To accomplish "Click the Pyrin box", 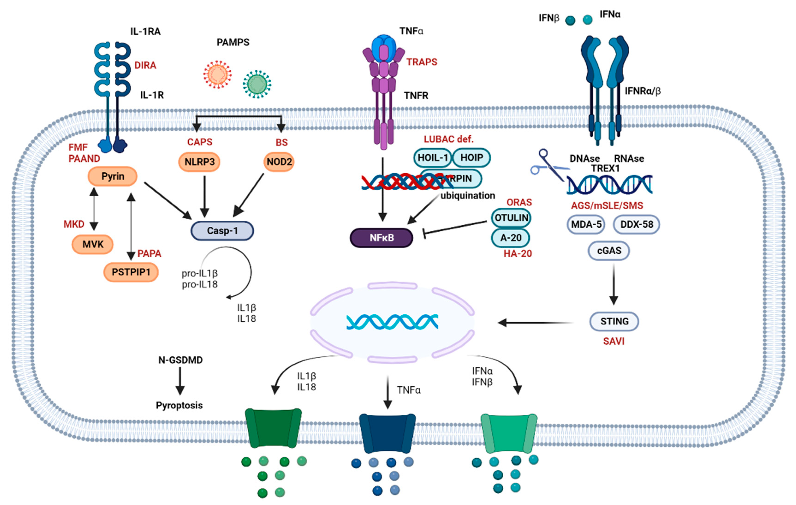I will click(x=112, y=176).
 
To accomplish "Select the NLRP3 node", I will click(x=199, y=162).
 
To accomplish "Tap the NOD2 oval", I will click(x=279, y=162).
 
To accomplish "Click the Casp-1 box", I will click(x=222, y=231).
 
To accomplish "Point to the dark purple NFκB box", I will click(x=381, y=238).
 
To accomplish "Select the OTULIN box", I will click(x=511, y=218).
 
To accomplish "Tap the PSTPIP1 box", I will click(x=131, y=272).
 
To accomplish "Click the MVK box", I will click(x=92, y=245).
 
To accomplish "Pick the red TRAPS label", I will click(x=422, y=62).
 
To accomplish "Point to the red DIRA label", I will click(x=145, y=65).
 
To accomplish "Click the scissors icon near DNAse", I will click(x=547, y=165).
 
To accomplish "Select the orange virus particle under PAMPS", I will click(x=217, y=74).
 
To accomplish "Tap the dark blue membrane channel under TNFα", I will click(x=387, y=433).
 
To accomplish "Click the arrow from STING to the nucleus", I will click(x=535, y=322).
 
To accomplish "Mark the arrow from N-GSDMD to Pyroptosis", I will click(x=180, y=381).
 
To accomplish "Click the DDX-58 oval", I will click(x=636, y=224).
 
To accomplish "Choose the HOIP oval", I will click(x=471, y=158).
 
